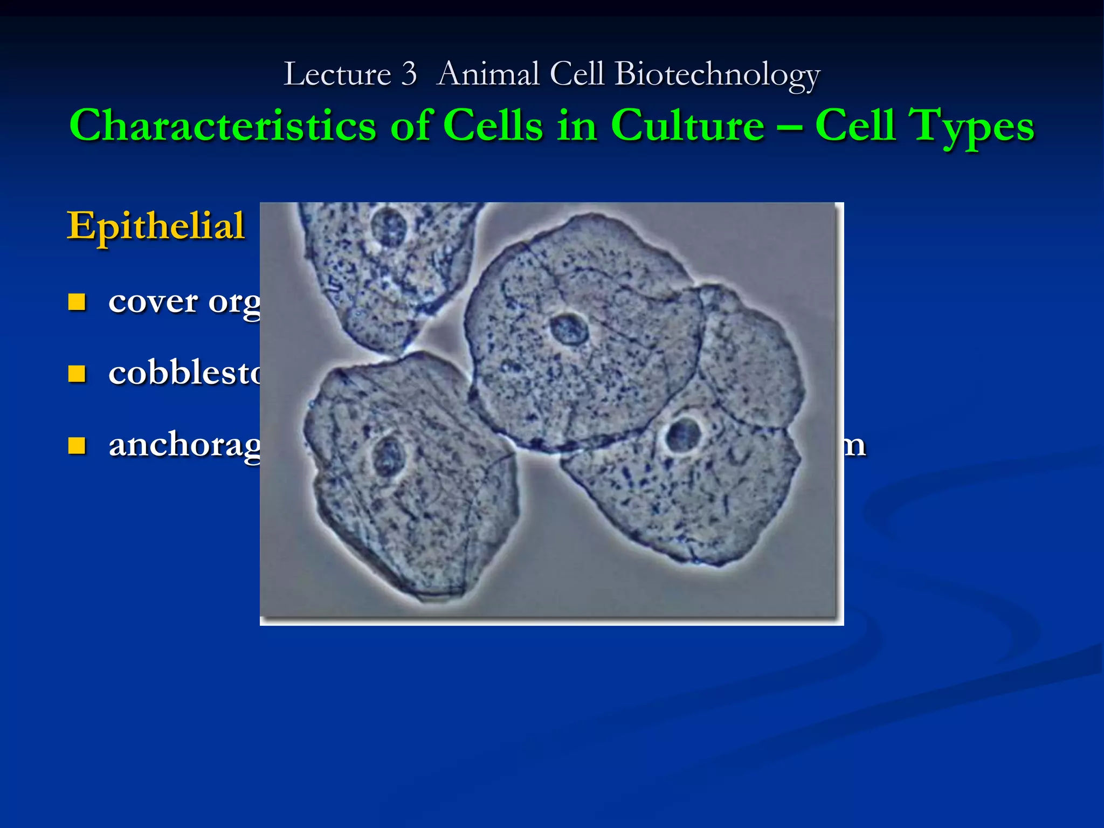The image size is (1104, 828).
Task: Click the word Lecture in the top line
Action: point(337,74)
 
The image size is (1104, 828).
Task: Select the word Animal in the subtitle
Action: point(488,74)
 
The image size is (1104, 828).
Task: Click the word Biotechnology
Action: point(717,75)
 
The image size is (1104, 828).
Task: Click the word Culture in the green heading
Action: point(687,125)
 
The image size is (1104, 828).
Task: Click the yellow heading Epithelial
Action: point(156,226)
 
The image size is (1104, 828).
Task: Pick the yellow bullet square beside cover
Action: point(77,302)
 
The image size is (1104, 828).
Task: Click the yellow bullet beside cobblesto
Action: point(77,374)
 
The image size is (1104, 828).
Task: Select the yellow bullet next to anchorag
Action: point(77,446)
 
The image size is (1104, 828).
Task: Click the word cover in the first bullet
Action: point(153,302)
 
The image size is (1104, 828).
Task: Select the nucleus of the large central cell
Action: point(569,329)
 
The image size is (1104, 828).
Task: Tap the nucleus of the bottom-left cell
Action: point(387,456)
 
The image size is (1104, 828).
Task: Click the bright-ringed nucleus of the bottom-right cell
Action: point(684,434)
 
